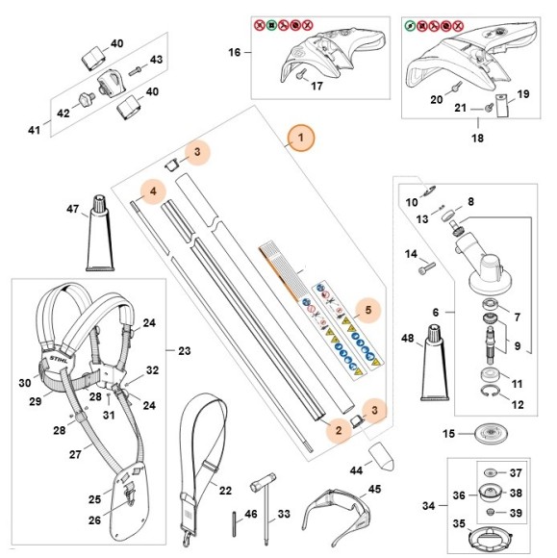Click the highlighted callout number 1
tap(301, 138)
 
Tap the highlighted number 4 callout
tap(153, 191)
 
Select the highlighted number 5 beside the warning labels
tap(368, 310)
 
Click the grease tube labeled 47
tap(100, 233)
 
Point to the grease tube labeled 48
tap(435, 363)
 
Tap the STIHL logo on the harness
tap(59, 359)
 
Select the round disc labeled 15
tap(491, 434)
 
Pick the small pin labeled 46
tap(235, 523)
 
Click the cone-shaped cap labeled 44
tap(381, 457)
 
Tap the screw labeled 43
tap(135, 71)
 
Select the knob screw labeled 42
tap(86, 98)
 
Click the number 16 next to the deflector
tap(235, 52)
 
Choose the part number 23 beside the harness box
tap(185, 351)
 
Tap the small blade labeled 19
tap(502, 105)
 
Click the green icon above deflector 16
tap(271, 26)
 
